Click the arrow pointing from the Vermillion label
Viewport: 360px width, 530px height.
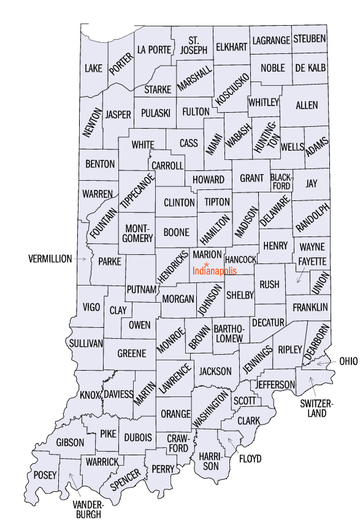pos(81,259)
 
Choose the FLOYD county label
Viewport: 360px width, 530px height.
pos(250,458)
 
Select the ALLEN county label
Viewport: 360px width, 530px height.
pos(307,105)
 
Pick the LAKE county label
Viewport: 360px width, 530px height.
pos(94,67)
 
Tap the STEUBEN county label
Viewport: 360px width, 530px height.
pos(309,39)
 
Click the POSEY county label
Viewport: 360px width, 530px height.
pos(45,475)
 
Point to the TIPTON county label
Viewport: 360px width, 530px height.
pos(217,202)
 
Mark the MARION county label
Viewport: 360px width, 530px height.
pos(206,254)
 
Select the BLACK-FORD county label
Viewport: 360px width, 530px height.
pos(281,182)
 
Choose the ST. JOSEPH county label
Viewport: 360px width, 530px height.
pos(193,45)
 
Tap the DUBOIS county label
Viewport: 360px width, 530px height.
pos(137,437)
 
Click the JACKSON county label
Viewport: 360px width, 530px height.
pos(215,371)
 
